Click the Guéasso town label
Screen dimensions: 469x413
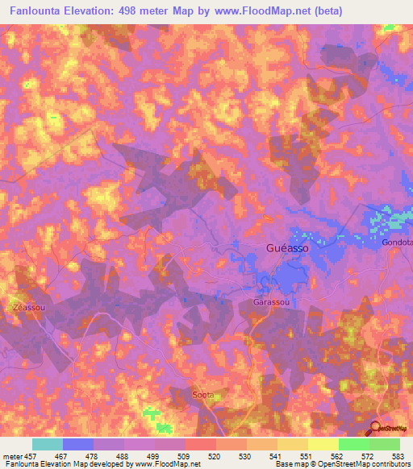point(286,249)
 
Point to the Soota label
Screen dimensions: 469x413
point(204,395)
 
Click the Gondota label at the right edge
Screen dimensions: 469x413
point(398,243)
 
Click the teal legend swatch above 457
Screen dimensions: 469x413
point(48,444)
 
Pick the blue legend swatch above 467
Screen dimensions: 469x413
point(78,444)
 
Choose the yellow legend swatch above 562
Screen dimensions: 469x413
point(323,444)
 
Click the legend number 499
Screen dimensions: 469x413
point(144,456)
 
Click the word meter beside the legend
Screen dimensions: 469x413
point(12,456)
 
